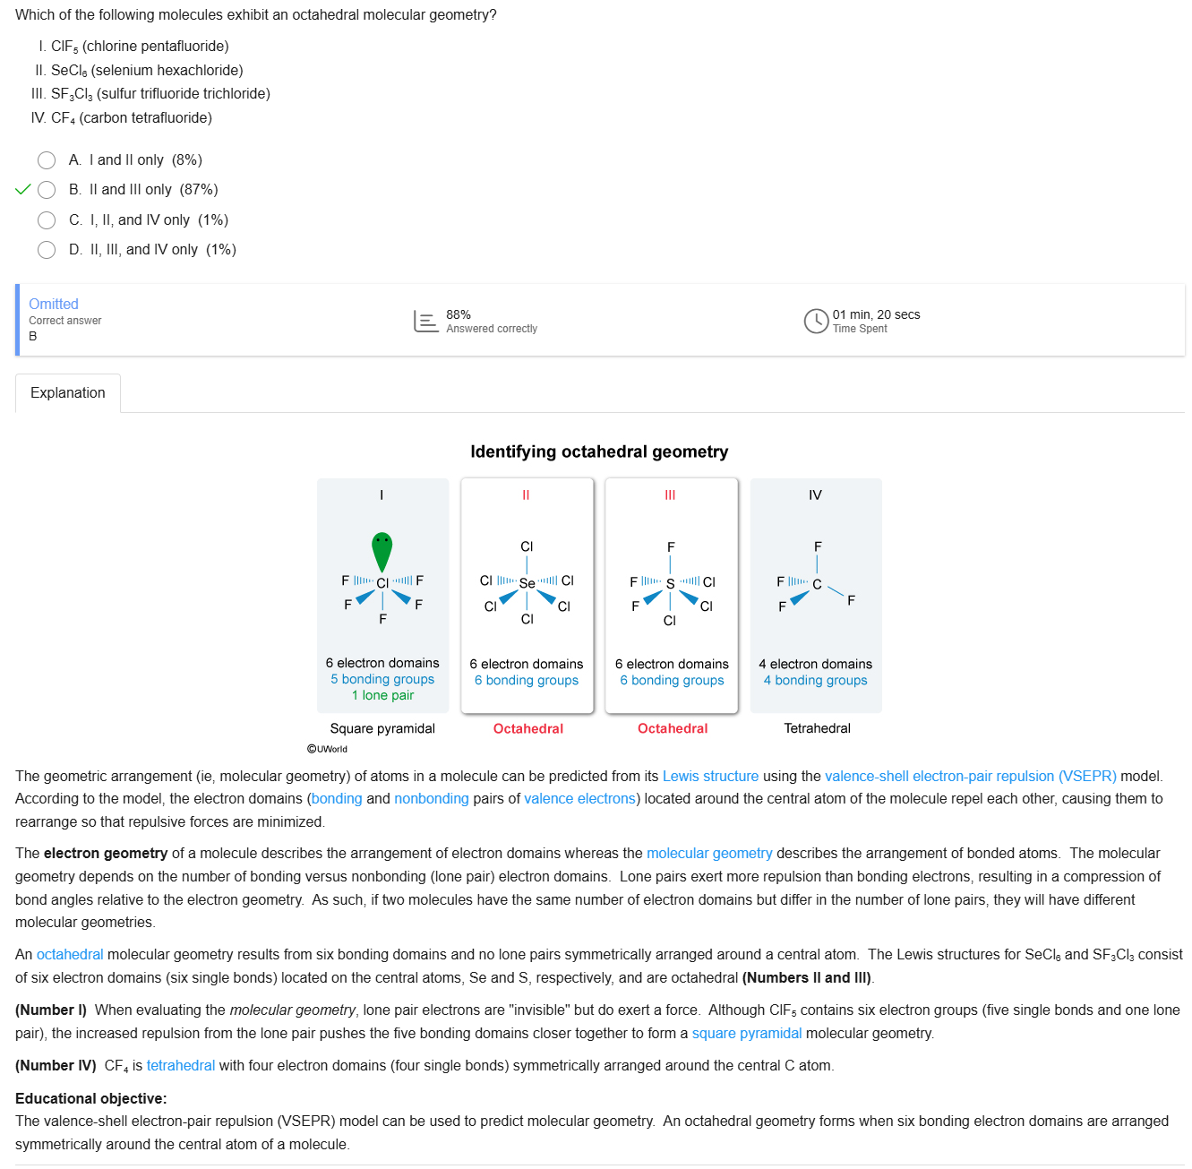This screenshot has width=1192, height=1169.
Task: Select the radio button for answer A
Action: pos(47,160)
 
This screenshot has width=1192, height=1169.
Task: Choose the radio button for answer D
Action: pos(47,250)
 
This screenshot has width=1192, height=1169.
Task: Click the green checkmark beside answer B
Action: pos(23,190)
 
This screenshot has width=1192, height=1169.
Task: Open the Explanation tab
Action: pos(68,393)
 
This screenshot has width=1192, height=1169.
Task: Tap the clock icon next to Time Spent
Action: pos(816,321)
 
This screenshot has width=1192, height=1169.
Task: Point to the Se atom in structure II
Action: pos(527,583)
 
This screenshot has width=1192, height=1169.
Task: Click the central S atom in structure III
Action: pos(670,583)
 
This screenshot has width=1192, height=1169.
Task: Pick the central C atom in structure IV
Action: pos(817,584)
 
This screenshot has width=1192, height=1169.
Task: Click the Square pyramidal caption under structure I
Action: pos(382,728)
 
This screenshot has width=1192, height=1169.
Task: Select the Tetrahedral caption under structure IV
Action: pos(817,728)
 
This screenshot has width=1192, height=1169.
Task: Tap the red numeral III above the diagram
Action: pos(670,495)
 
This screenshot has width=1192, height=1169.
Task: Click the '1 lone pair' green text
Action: pos(382,695)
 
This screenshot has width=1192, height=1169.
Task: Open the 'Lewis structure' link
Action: pos(710,776)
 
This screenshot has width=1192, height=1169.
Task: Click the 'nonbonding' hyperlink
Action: pos(431,798)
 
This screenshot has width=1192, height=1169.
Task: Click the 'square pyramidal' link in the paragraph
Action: pos(746,1033)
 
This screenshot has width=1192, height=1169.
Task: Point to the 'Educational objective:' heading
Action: pos(90,1098)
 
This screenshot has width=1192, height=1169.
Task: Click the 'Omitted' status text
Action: pos(54,304)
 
